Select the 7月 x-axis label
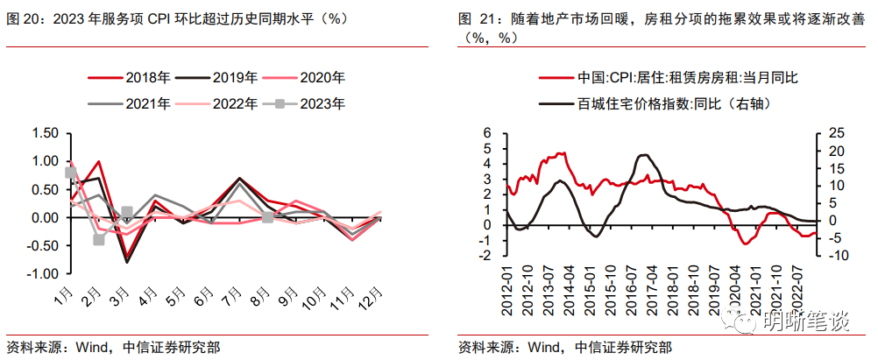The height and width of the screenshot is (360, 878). [233, 294]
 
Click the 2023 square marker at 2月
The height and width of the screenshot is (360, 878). [99, 239]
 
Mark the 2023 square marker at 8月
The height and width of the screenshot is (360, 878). [268, 216]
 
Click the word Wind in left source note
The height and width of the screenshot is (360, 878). [87, 346]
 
